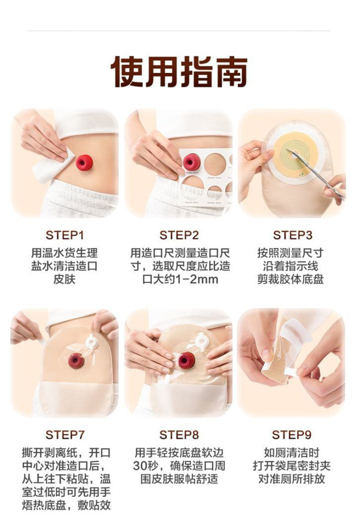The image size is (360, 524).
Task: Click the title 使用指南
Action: (180, 72)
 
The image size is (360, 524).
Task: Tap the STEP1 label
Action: (65, 235)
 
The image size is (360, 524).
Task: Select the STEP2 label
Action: (179, 235)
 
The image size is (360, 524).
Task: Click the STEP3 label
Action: (293, 235)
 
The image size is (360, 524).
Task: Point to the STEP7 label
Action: (65, 435)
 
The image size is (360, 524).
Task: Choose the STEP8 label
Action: (179, 435)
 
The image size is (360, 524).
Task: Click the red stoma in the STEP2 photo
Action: (191, 162)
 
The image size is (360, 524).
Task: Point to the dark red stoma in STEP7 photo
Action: (77, 360)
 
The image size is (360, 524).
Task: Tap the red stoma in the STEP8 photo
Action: (186, 360)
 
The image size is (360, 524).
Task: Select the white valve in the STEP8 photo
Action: (201, 341)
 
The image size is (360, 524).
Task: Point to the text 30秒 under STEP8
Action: (144, 466)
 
